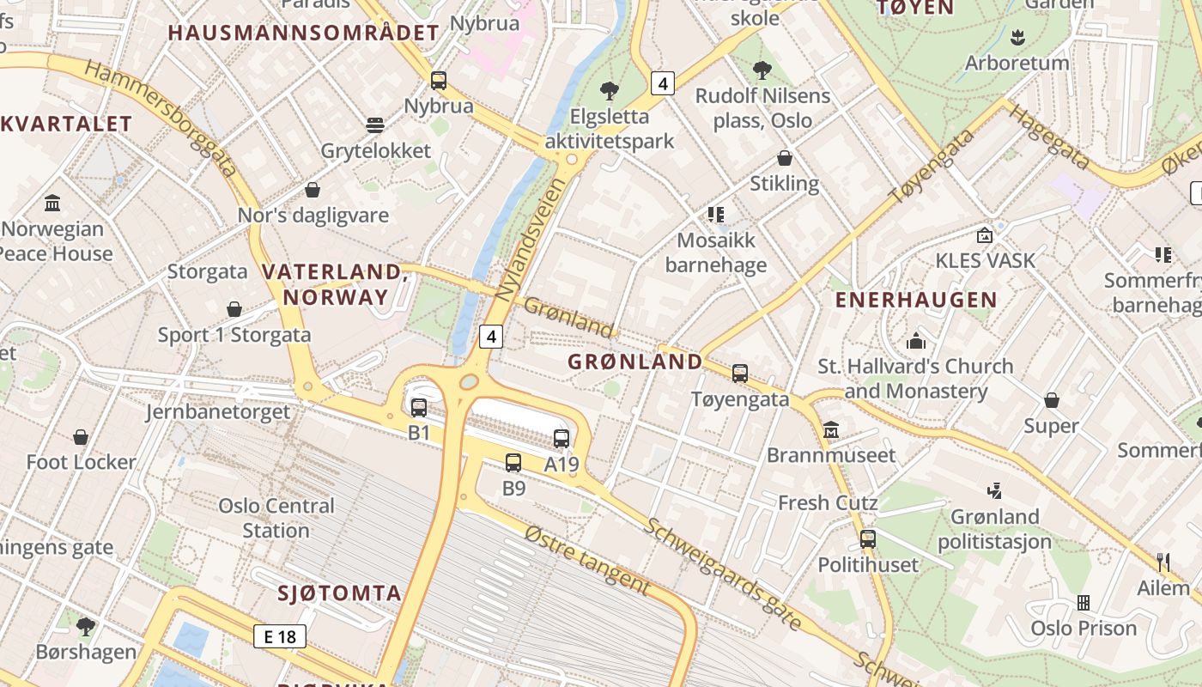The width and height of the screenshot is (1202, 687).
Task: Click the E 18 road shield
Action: coord(280,636)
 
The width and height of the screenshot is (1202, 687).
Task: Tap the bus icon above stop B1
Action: coord(419,408)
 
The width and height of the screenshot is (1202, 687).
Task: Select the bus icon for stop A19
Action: coord(562,439)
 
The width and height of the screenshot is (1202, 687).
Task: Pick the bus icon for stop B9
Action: coord(513,463)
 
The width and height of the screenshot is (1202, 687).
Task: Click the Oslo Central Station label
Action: coord(276,518)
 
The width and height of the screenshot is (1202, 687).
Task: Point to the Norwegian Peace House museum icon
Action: coord(52,204)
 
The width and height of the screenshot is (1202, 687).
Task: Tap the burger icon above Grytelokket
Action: coord(375,125)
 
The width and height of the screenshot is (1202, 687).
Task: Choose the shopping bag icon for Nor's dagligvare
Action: coord(313,190)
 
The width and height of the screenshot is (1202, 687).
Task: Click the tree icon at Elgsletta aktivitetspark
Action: coord(610,90)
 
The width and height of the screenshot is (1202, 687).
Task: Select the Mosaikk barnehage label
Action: coord(716,252)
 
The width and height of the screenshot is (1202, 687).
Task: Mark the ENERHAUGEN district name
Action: coord(916,301)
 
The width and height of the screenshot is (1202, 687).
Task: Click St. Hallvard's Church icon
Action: coord(916,341)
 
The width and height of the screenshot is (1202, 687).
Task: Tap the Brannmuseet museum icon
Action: coord(831,429)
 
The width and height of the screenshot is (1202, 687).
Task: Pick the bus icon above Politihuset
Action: coord(868,539)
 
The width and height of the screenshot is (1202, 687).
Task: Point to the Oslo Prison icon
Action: coord(1084,603)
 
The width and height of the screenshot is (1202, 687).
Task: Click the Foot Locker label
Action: coord(81,462)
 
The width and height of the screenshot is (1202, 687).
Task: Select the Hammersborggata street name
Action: coord(162,118)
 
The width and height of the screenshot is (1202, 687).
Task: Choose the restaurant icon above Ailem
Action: coord(1163,562)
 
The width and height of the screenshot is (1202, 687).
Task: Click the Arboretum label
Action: coord(1017,63)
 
